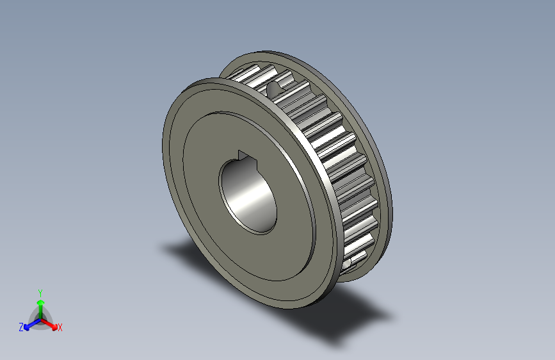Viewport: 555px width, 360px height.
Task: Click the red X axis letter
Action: pyautogui.click(x=60, y=327)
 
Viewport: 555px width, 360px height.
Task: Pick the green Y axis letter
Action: pyautogui.click(x=40, y=291)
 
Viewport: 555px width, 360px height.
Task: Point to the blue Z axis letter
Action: pyautogui.click(x=21, y=327)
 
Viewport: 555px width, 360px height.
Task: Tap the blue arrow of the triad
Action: pyautogui.click(x=28, y=325)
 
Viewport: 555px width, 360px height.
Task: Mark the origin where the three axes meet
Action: pyautogui.click(x=40, y=318)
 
